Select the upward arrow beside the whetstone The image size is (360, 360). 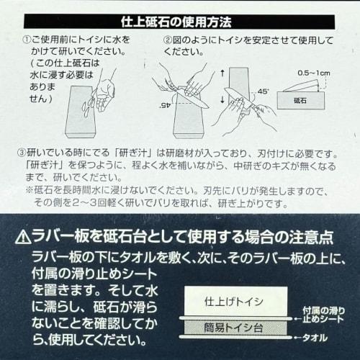tap(222, 73)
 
